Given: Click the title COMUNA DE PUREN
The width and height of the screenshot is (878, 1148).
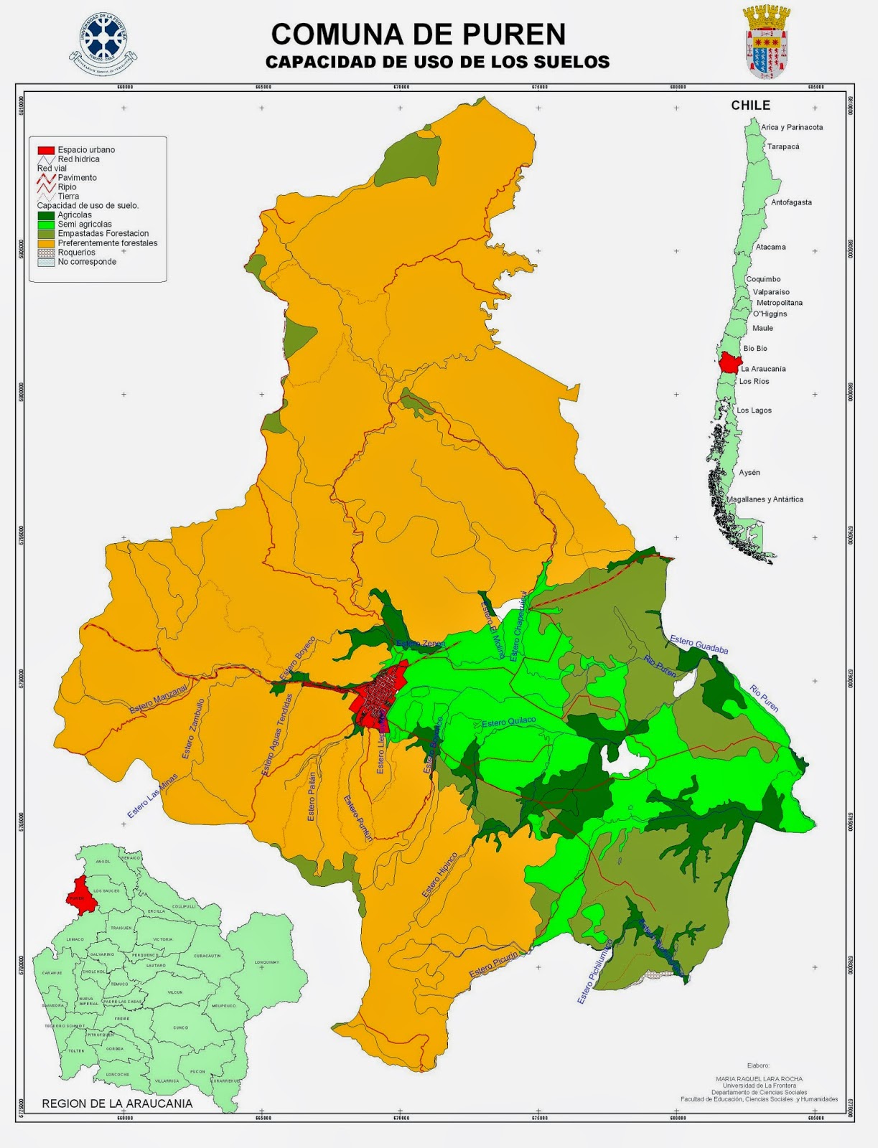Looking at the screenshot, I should (418, 34).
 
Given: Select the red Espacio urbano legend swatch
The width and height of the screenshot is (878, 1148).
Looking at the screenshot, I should (46, 150).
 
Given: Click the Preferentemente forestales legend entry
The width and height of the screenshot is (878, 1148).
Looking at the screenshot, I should (107, 243).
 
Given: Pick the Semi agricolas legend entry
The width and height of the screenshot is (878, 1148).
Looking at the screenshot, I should (84, 225).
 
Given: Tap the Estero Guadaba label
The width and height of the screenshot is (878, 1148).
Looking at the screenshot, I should (699, 644).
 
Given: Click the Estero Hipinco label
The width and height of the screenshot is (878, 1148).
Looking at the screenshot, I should (439, 875).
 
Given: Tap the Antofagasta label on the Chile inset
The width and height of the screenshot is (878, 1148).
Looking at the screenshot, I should (791, 202).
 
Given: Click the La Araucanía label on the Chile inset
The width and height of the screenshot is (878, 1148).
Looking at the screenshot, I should (763, 369).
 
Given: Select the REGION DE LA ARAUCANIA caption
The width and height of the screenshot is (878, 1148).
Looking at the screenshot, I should (117, 1104).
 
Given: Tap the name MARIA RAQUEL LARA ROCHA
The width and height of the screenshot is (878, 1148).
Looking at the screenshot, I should (759, 1079).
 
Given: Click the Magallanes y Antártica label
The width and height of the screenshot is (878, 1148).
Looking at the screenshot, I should (765, 499).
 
